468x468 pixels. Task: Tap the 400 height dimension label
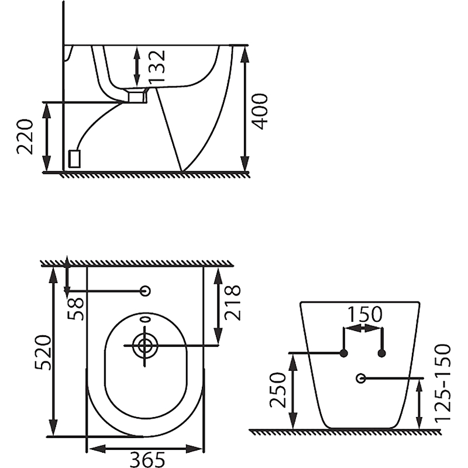261,112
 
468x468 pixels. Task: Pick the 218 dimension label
233,302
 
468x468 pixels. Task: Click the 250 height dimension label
277,390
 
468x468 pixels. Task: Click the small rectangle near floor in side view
75,158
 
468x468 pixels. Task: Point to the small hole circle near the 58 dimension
146,291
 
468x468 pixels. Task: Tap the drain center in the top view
143,345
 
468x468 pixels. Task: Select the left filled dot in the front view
344,353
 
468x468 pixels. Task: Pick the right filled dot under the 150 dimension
382,353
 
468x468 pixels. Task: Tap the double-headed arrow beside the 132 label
137,66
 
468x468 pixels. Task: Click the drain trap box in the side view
136,96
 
